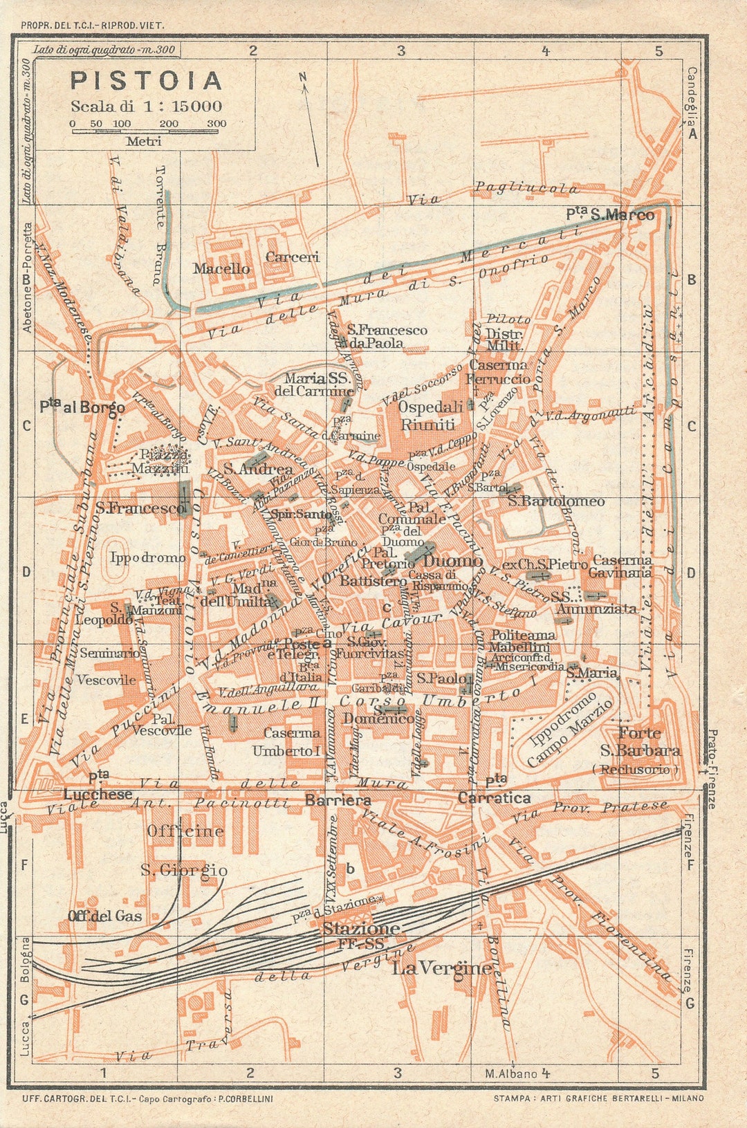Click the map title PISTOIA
click(x=147, y=81)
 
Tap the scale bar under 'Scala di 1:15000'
click(x=149, y=130)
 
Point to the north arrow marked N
click(x=310, y=118)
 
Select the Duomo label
click(x=452, y=561)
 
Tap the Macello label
click(x=221, y=268)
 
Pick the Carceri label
click(x=293, y=257)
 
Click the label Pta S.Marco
click(x=610, y=214)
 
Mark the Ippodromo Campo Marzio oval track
click(x=569, y=726)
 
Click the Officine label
click(x=185, y=831)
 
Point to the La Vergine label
click(x=443, y=968)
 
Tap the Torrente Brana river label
click(x=160, y=225)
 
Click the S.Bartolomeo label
click(x=556, y=501)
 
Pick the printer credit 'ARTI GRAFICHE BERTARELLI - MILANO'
click(x=598, y=1098)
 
